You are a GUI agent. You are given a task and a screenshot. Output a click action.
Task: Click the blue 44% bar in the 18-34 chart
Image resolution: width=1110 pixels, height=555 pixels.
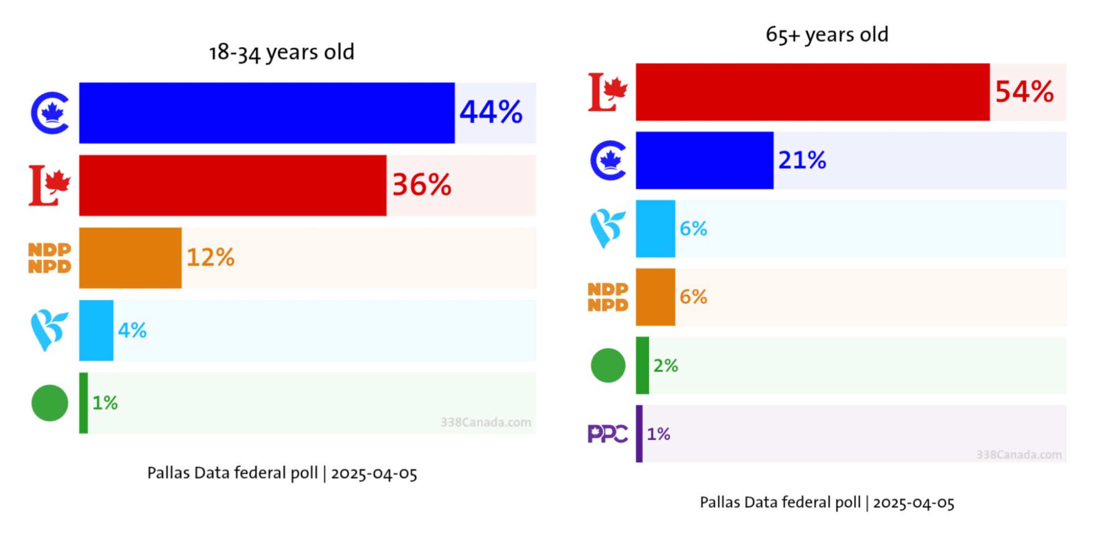[x=266, y=113]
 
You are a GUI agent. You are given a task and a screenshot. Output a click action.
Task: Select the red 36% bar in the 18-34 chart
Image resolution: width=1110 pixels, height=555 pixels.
[x=233, y=185]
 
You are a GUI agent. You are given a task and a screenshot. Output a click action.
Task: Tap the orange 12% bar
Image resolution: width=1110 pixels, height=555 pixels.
[x=130, y=258]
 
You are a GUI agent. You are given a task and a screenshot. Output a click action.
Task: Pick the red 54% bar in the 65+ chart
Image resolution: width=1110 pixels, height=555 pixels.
[x=813, y=92]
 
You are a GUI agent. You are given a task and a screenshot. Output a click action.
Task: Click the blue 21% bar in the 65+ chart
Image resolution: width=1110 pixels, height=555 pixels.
[x=704, y=160]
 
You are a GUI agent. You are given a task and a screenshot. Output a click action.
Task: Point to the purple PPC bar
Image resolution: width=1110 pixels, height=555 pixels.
[x=639, y=434]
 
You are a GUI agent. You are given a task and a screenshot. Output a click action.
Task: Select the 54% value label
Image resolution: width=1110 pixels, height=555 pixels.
[x=1024, y=92]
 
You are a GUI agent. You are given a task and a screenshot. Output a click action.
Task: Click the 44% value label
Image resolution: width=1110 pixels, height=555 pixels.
[x=491, y=112]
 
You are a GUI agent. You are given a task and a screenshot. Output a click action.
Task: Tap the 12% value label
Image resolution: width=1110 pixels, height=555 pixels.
[x=210, y=258]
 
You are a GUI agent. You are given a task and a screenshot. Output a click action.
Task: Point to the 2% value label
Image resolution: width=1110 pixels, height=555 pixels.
[x=665, y=366]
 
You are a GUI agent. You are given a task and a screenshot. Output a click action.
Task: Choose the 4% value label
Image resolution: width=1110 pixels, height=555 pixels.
[x=132, y=331]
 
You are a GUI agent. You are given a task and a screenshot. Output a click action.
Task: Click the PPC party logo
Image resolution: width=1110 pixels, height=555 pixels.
[x=608, y=434]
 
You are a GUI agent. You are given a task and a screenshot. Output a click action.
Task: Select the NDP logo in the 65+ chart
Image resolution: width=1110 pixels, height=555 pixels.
[x=608, y=297]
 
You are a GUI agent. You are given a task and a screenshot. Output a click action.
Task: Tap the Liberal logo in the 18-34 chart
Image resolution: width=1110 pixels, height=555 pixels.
[x=49, y=185]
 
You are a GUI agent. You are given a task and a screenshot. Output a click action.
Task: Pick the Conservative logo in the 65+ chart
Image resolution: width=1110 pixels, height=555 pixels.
[x=608, y=160]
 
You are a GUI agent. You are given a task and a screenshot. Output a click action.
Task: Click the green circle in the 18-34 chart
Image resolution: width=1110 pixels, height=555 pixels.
[x=49, y=403]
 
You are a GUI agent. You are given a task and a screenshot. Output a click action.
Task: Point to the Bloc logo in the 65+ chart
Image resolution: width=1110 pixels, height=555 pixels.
[x=608, y=228]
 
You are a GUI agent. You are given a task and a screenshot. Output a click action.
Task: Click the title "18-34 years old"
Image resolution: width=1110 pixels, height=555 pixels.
[x=281, y=52]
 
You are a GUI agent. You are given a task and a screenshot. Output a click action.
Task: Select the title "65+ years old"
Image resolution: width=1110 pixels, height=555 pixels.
[x=827, y=34]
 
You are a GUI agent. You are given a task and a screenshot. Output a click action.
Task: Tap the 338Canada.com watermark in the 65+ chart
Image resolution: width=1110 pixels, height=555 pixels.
[x=1019, y=455]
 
